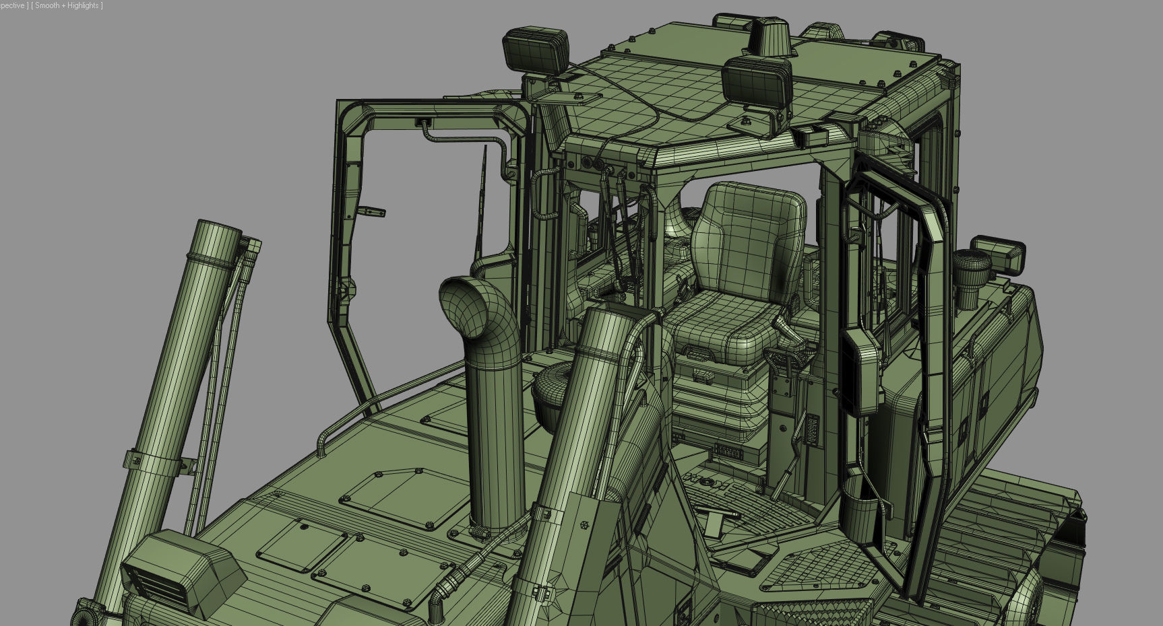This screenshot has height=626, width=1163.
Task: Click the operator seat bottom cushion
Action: (x=721, y=326)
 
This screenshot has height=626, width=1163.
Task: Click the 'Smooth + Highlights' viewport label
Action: (x=67, y=5)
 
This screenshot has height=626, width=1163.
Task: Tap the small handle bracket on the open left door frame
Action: (x=371, y=211)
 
